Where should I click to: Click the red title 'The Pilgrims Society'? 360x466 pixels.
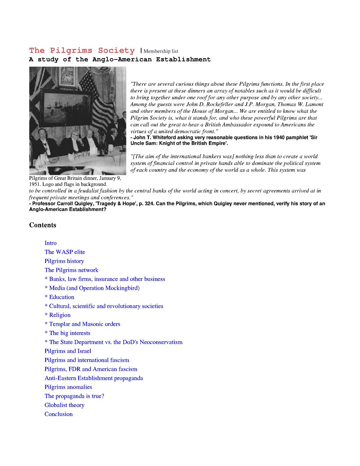[82, 51]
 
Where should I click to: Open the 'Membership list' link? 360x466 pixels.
[161, 51]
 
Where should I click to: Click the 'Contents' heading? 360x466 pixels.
[43, 225]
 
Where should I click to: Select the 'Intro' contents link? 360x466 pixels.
[51, 243]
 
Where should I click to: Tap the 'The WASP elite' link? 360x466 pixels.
[65, 252]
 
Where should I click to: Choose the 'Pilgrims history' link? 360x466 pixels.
[64, 261]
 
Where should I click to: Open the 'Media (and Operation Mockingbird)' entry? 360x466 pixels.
[94, 288]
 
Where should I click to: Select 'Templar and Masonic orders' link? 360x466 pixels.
[85, 324]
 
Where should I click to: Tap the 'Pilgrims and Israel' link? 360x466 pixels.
[68, 351]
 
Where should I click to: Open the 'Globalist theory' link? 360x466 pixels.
[64, 405]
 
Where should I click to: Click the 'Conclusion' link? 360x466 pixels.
[58, 414]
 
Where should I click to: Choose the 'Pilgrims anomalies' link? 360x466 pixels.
[68, 387]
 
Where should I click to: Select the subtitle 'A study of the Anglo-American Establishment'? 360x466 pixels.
[120, 59]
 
